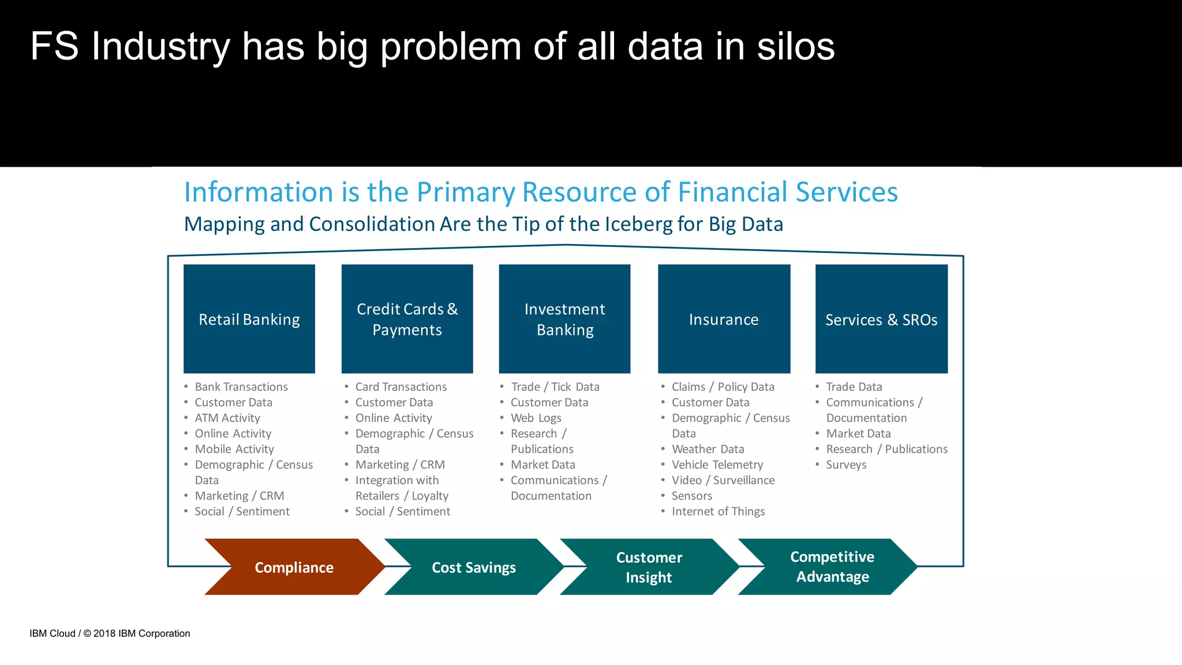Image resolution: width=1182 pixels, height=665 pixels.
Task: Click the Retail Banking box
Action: point(249,319)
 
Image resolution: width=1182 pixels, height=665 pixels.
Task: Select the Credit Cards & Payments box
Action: point(407,319)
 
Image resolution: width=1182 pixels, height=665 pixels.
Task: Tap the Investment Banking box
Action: point(564,319)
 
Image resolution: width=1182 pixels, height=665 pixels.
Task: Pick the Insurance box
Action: point(724,319)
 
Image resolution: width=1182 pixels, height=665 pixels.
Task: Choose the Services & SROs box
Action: point(881,319)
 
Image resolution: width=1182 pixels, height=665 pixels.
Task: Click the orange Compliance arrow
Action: point(294,567)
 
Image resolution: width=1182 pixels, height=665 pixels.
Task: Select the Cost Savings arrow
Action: point(473,567)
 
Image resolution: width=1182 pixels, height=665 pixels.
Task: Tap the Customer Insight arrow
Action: point(649,567)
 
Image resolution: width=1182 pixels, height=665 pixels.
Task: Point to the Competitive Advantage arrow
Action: point(832,567)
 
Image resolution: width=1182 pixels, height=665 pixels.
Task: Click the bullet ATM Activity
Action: point(227,418)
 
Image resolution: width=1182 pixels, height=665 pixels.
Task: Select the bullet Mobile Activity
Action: point(234,449)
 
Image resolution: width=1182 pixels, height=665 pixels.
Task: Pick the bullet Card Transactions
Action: point(401,387)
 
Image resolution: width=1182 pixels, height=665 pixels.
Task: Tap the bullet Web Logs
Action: point(536,418)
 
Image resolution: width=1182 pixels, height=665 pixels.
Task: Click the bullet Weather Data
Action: point(708,449)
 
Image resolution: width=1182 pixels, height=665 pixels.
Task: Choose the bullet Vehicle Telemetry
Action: point(717,465)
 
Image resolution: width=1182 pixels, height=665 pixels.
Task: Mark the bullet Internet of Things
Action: point(718,511)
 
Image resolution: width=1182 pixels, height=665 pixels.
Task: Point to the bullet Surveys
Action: point(846,465)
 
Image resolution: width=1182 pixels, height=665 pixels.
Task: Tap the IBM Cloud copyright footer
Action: point(110,633)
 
